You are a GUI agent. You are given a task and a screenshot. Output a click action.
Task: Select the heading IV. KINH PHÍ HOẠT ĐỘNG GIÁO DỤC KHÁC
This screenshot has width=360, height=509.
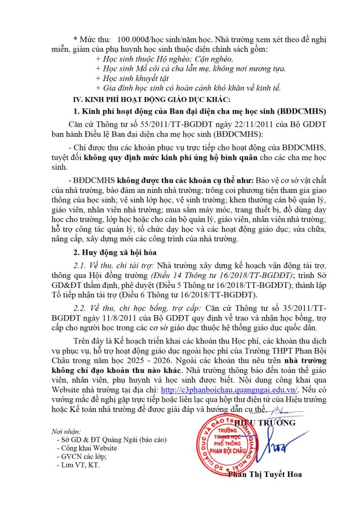tap(152, 100)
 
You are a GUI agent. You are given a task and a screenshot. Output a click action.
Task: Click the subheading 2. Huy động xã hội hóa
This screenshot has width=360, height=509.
tap(115, 253)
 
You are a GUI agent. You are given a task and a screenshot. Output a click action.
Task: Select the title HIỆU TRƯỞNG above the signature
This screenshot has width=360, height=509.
tap(265, 423)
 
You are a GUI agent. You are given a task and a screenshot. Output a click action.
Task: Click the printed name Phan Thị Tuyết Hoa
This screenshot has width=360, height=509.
tap(265, 474)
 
